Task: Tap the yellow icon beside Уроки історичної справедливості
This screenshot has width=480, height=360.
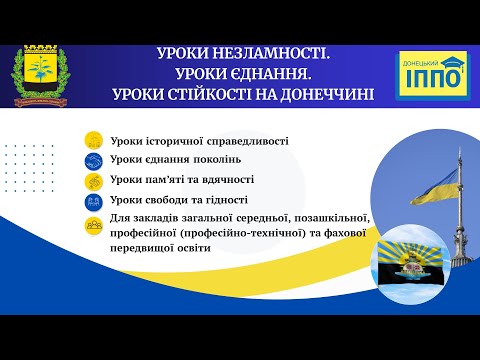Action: [x=92, y=140]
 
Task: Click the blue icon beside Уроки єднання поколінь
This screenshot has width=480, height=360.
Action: [x=92, y=160]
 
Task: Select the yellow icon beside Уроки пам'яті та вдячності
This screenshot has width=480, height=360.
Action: [x=92, y=180]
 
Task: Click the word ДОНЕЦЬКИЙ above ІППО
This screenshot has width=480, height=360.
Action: [x=422, y=62]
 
